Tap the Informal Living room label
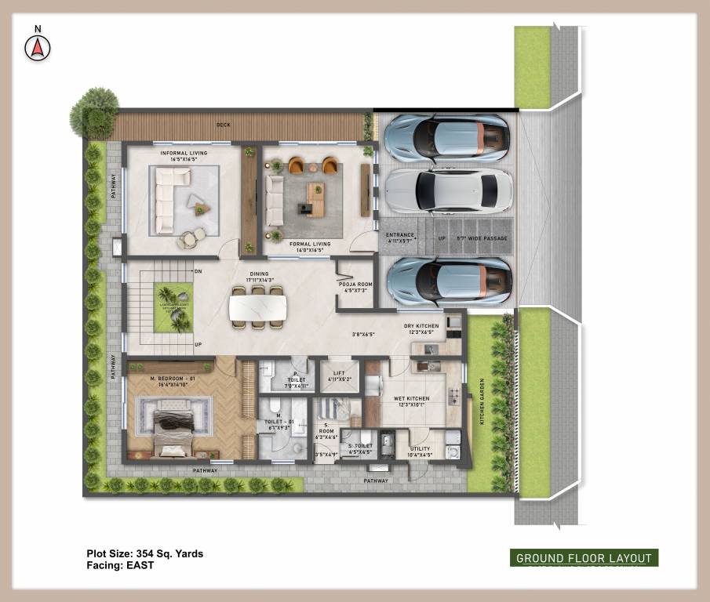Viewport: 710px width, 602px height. point(184,156)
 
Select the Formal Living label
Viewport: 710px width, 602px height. point(310,244)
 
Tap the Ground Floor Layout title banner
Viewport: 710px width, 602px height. point(583,558)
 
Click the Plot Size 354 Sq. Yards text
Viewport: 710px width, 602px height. point(145,553)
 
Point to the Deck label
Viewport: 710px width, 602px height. point(224,125)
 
